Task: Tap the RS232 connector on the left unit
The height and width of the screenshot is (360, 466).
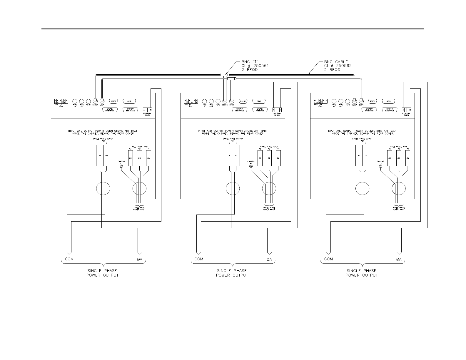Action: [x=113, y=101]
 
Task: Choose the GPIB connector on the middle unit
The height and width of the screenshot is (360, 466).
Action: [x=259, y=101]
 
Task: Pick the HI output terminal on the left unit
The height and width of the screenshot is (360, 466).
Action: [x=100, y=155]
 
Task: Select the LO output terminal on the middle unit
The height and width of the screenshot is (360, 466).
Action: [x=236, y=155]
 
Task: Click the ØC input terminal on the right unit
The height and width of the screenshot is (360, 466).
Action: [x=390, y=158]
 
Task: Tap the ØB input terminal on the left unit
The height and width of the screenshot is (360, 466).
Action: [x=140, y=158]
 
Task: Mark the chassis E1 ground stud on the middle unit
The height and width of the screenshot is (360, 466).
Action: [x=251, y=167]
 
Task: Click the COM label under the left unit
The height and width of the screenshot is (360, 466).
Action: [x=69, y=259]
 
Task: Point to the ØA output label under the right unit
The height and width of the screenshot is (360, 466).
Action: [x=399, y=259]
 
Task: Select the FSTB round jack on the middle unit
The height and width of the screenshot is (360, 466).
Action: [x=218, y=101]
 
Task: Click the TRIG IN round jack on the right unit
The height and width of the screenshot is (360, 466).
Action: [x=334, y=101]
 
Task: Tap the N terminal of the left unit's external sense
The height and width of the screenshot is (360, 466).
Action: [x=151, y=110]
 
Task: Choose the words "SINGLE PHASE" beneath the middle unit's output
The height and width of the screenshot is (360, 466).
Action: [x=232, y=271]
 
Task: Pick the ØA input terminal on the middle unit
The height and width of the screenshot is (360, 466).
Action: [x=278, y=158]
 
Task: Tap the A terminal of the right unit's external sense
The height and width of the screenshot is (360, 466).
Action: [x=403, y=110]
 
